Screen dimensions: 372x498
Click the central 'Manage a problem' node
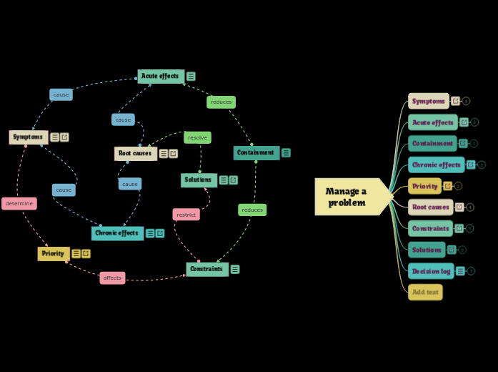(349, 197)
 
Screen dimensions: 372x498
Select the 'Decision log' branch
(431, 271)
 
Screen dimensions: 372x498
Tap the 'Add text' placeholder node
(425, 292)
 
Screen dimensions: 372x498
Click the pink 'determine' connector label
(19, 204)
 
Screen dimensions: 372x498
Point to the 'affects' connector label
(112, 278)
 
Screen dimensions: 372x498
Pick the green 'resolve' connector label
(197, 137)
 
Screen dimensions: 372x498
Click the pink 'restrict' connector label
(186, 215)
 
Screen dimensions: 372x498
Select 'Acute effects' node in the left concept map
(160, 76)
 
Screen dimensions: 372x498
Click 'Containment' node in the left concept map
(256, 152)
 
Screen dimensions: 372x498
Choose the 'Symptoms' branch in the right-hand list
(428, 101)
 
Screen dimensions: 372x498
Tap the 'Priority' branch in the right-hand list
(424, 186)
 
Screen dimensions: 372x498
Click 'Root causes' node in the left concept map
(135, 153)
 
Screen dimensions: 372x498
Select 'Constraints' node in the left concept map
(206, 269)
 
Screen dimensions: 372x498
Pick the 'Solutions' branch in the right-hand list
(427, 250)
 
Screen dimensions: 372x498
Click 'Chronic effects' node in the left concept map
(116, 233)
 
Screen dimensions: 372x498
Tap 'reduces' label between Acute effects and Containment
(221, 102)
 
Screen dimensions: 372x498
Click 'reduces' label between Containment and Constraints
(252, 210)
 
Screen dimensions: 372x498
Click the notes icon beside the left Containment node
(286, 152)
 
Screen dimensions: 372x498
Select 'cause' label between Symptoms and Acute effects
(61, 94)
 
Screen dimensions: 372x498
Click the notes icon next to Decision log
(460, 271)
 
